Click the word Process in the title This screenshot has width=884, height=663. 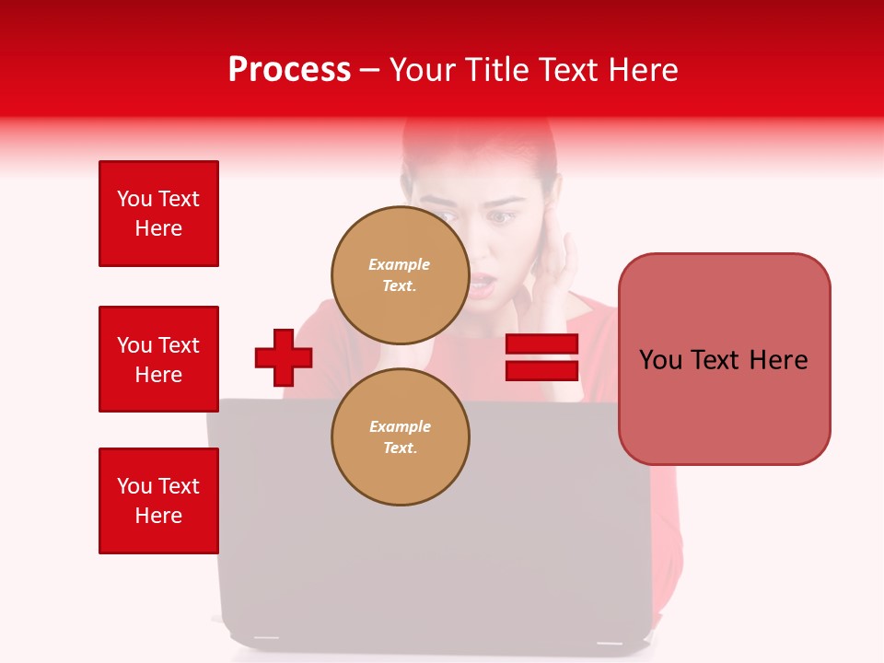pos(289,70)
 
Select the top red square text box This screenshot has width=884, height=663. pos(158,214)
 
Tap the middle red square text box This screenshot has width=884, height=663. pos(158,359)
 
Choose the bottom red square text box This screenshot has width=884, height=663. pos(158,501)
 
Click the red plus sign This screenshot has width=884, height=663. pos(284,357)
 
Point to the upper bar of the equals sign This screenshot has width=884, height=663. pos(541,344)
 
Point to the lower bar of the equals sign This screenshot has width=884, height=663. pos(541,370)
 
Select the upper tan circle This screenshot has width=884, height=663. pos(400,274)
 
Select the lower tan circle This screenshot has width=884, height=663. pos(400,436)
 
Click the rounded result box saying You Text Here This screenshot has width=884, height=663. pos(724,359)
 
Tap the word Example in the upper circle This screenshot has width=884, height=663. pos(400,264)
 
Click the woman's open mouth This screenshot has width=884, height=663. pos(483,282)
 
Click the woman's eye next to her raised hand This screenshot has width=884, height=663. pos(502,217)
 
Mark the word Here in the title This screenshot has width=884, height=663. pos(646,70)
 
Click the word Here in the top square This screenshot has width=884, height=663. pos(158,228)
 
